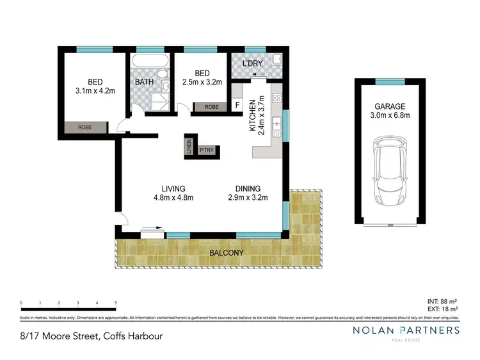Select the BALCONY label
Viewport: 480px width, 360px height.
point(226,253)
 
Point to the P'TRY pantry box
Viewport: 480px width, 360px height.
point(207,151)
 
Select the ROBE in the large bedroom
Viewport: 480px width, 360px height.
point(85,127)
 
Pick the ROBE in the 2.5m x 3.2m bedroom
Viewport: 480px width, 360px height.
point(211,107)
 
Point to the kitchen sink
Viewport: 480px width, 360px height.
point(276,126)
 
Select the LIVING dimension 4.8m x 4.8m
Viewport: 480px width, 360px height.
point(173,198)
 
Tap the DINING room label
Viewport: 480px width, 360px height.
point(248,188)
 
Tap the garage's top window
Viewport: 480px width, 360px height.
point(390,81)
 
